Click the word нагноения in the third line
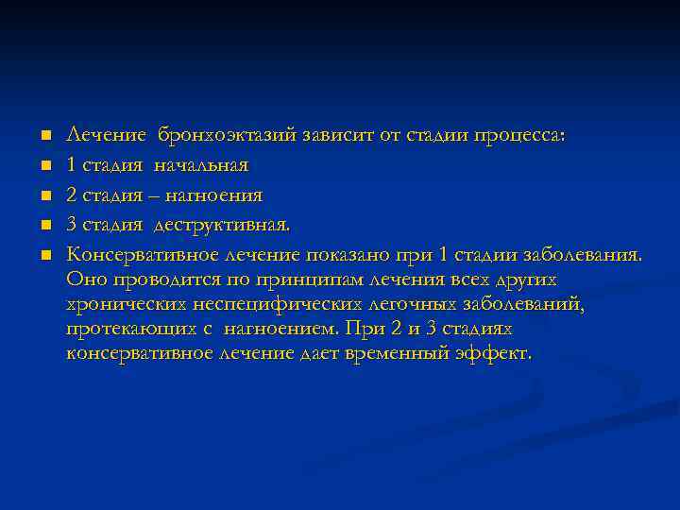(213, 195)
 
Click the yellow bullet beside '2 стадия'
(44, 195)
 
